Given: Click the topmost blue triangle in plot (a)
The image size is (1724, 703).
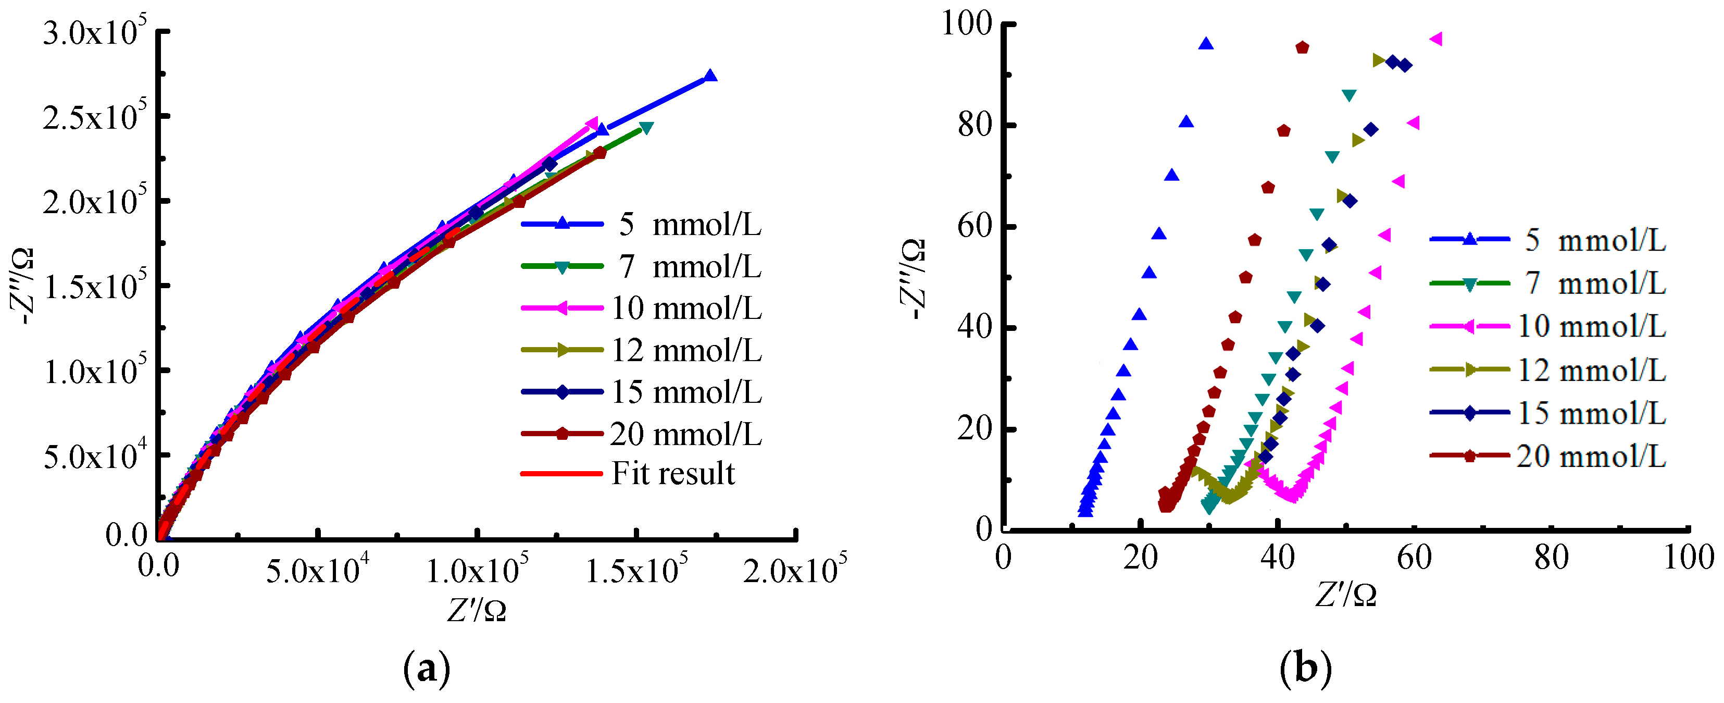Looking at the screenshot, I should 710,76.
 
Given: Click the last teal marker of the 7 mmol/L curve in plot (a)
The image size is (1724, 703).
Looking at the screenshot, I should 646,127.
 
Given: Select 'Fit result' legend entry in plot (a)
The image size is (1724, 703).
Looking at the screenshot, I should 672,473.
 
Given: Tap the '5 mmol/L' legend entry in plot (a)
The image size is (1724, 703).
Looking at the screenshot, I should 689,224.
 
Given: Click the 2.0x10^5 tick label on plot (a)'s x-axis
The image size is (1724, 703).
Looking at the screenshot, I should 794,571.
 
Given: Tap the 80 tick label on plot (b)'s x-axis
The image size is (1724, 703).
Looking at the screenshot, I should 1551,558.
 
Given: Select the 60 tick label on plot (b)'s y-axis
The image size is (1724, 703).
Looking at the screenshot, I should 975,226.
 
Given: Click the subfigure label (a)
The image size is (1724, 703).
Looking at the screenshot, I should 427,668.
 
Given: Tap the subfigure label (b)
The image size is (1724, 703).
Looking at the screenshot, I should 1306,668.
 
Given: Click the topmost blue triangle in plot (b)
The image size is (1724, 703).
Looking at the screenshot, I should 1206,44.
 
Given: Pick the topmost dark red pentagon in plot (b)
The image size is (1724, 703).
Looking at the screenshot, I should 1302,47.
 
